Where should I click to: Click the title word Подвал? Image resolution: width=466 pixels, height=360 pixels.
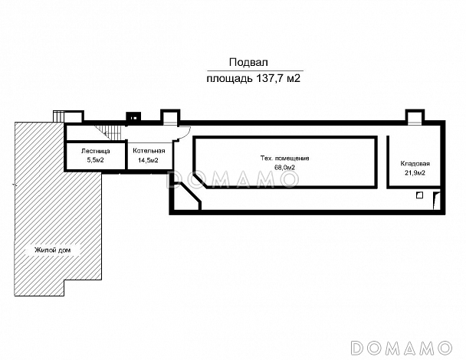pos(248,62)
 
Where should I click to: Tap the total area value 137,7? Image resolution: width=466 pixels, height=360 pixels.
pos(269,78)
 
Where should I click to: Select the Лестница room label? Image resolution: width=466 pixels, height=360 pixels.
pos(95,151)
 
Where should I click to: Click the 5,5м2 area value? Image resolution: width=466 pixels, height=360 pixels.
pos(95,160)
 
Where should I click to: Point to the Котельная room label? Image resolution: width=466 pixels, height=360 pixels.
pos(149,151)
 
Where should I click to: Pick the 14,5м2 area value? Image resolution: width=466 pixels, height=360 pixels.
pos(148,160)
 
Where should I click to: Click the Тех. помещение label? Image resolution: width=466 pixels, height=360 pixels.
pos(284,159)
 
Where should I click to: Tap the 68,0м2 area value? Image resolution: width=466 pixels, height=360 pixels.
pos(284,168)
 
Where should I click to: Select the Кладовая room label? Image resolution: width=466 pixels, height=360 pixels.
pos(415,164)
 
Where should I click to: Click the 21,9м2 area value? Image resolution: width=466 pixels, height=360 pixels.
pos(415,173)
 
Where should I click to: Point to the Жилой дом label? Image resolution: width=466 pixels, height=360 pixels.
pos(53,250)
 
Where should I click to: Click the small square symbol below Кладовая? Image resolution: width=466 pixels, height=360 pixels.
pos(419,195)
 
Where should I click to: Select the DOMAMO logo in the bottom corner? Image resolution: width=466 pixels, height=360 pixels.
pos(401,348)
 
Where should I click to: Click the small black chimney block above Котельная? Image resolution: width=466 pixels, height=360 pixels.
pos(133,116)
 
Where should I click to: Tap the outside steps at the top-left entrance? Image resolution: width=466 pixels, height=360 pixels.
pos(58,116)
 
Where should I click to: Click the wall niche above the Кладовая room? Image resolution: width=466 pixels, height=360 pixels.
pos(415,116)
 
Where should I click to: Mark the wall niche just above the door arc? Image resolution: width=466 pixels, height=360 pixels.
pos(170,116)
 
